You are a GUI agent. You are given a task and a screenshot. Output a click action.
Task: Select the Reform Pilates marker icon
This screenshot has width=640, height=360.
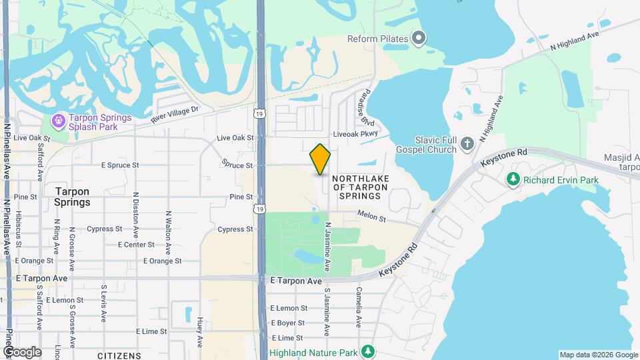pos(418,39)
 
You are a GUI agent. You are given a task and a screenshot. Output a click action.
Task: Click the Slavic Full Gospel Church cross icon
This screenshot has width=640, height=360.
pos(467,143)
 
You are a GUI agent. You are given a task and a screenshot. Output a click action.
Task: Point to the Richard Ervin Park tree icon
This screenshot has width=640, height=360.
pos(513,179)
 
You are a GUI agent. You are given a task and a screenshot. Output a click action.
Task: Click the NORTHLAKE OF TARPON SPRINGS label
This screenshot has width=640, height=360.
pos(359,187)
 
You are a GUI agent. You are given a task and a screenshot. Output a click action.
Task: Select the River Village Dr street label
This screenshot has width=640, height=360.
pos(175,113)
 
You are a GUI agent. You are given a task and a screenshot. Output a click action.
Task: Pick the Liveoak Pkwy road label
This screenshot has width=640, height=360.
pos(355,133)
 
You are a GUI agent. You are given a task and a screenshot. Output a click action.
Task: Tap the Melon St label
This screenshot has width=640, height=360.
pos(371,216)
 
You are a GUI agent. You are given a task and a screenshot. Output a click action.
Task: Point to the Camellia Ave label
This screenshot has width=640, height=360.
pos(358,307)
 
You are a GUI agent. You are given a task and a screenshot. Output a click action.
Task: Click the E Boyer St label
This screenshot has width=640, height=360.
pos(287,323)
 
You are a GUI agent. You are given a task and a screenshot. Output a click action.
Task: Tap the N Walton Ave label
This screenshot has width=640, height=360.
pos(168,229)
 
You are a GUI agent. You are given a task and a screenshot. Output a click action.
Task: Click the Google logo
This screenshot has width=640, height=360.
pos(22,352)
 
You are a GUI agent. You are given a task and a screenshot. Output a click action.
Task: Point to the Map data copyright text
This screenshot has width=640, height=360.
pos(598,355)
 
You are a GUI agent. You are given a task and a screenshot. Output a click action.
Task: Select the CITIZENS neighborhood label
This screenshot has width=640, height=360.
pos(119,355)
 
